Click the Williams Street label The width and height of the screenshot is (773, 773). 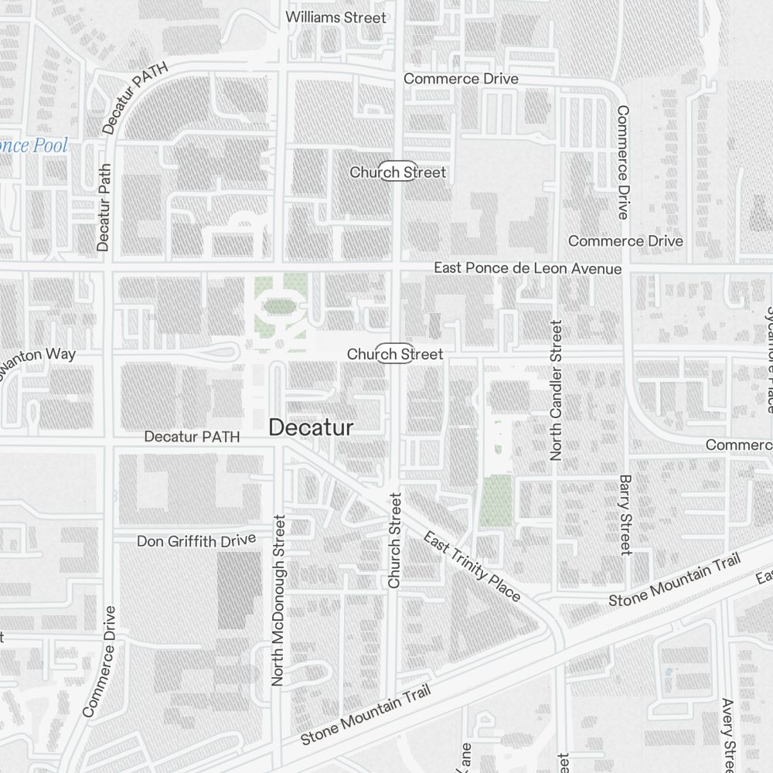pyautogui.click(x=335, y=17)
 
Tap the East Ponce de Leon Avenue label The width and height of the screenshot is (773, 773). pyautogui.click(x=527, y=268)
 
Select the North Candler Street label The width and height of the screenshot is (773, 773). pyautogui.click(x=556, y=390)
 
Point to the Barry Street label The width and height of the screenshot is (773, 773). pyautogui.click(x=625, y=515)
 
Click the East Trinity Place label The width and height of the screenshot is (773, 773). pyautogui.click(x=472, y=567)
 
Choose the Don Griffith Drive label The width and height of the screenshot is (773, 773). pyautogui.click(x=196, y=540)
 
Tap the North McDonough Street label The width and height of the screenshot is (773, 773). pyautogui.click(x=279, y=601)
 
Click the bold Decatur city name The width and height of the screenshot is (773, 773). pyautogui.click(x=312, y=427)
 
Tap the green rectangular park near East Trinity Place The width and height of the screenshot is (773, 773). pyautogui.click(x=496, y=500)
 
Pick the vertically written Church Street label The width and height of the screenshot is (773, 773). pyautogui.click(x=395, y=540)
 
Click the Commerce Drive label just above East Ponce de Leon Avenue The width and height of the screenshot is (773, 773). pyautogui.click(x=625, y=241)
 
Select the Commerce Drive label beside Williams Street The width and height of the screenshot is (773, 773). pyautogui.click(x=461, y=79)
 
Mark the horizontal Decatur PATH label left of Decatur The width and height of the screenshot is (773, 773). pyautogui.click(x=192, y=437)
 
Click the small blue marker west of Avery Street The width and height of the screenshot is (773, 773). pyautogui.click(x=668, y=672)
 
